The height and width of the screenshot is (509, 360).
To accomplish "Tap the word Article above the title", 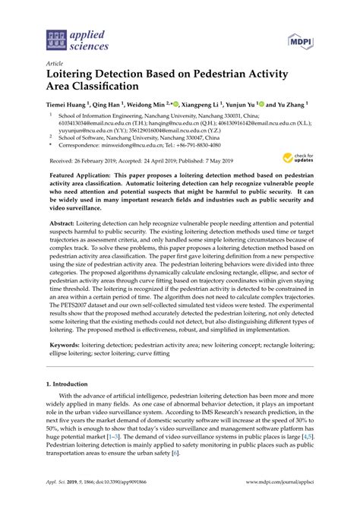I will [55, 65].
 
